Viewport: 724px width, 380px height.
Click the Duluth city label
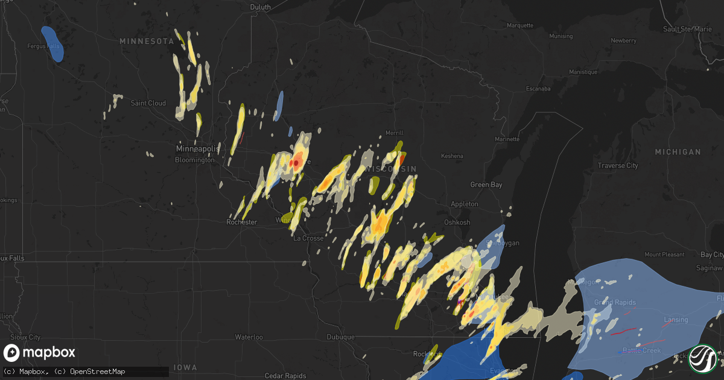tap(261, 7)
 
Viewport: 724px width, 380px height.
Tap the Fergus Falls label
tap(42, 46)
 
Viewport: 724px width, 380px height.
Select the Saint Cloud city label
tap(148, 103)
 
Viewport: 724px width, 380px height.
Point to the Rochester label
tap(241, 222)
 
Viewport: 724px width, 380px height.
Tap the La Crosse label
tap(308, 238)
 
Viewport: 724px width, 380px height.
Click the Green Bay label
tap(486, 185)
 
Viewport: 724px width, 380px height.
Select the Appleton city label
tap(465, 204)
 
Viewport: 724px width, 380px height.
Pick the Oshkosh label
tap(457, 223)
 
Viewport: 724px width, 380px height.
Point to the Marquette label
tap(520, 25)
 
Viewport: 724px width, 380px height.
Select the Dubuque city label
tap(340, 337)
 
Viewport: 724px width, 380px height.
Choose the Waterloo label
tap(249, 337)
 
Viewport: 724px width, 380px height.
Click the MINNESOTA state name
tap(147, 41)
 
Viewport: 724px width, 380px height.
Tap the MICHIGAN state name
tap(678, 151)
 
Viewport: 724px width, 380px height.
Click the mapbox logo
tap(40, 353)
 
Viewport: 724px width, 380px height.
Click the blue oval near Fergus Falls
tap(52, 43)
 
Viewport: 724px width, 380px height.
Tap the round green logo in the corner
tap(703, 358)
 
